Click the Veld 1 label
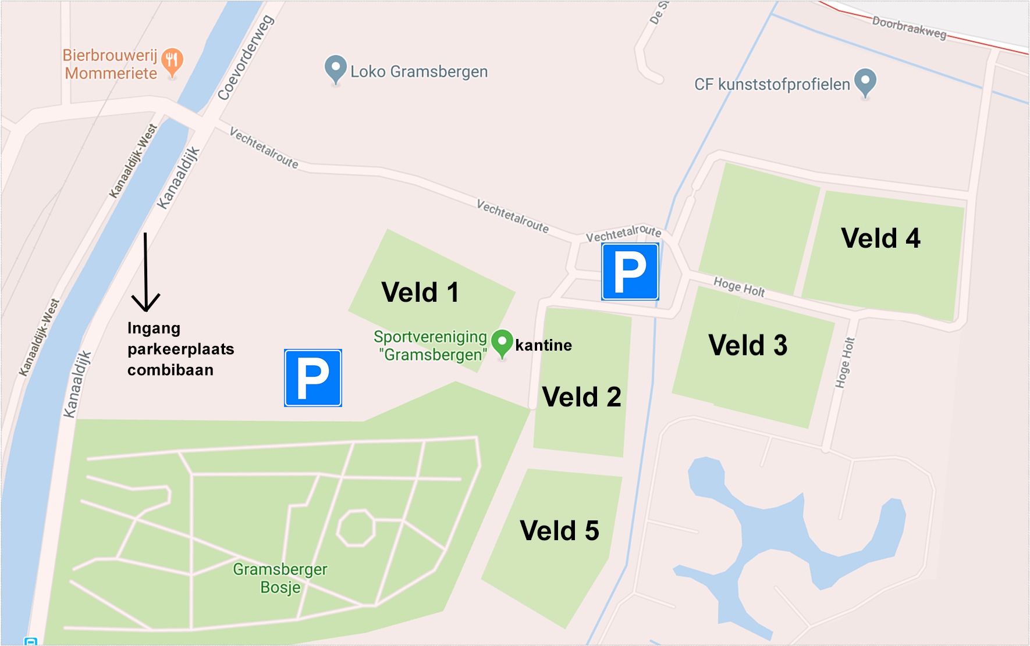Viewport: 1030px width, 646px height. tap(420, 292)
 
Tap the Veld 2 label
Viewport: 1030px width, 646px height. tap(581, 397)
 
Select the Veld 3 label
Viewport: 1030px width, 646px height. tap(748, 345)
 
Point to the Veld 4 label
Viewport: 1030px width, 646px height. tap(880, 238)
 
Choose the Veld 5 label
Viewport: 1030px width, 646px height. tap(559, 531)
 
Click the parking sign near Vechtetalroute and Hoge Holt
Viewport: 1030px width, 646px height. tap(630, 272)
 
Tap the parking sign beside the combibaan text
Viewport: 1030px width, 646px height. tap(313, 378)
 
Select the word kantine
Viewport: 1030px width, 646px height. tap(544, 345)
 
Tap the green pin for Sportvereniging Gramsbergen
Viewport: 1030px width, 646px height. tap(502, 342)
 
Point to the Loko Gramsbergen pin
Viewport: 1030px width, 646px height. tap(335, 69)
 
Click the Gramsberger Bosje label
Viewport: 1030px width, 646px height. tap(280, 578)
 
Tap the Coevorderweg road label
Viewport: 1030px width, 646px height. tap(245, 58)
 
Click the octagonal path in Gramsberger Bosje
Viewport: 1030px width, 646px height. tap(356, 528)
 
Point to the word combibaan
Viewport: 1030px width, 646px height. tap(171, 370)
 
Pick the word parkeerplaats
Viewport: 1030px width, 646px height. tap(181, 349)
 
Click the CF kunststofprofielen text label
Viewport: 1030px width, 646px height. tap(772, 85)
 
